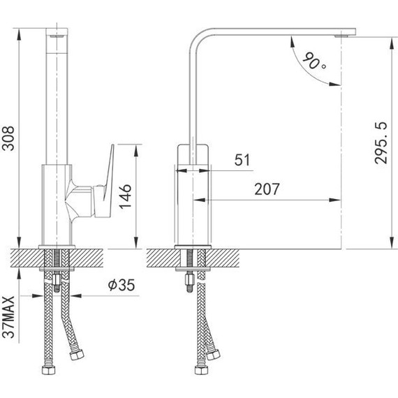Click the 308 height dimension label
point(8,138)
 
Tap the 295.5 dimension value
point(381,143)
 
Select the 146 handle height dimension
point(125,196)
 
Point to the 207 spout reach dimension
point(267,189)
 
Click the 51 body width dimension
point(242,160)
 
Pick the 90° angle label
point(314,61)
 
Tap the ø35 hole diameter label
point(121,285)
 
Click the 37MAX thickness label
point(8,317)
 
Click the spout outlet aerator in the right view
point(341,36)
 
